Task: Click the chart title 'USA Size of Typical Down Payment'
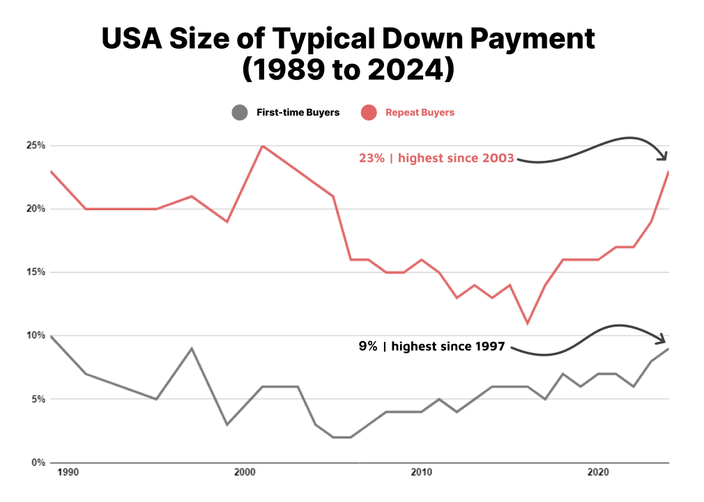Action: point(349,39)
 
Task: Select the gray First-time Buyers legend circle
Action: point(239,112)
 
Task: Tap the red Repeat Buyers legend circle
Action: point(369,112)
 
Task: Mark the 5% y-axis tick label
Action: point(38,400)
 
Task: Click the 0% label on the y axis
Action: point(38,463)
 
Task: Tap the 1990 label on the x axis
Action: point(68,473)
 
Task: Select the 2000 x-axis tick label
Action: point(244,473)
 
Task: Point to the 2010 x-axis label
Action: point(421,473)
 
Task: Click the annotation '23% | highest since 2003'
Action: point(436,158)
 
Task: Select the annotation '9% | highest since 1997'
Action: point(431,346)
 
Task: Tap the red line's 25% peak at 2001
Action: point(262,146)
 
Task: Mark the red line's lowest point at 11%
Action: point(528,323)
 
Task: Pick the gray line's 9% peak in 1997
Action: point(192,348)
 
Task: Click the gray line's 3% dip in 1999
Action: point(227,424)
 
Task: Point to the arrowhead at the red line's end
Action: point(664,156)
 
